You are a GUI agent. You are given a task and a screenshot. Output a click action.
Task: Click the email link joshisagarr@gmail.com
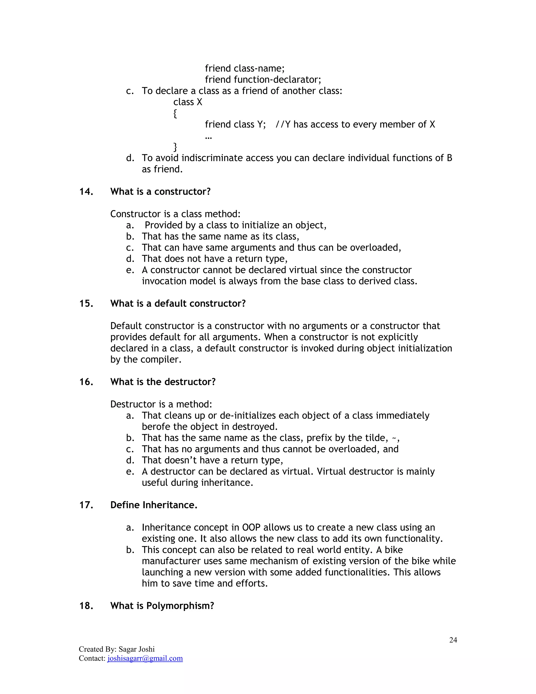pos(145,658)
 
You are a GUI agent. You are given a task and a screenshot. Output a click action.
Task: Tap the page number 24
pos(453,640)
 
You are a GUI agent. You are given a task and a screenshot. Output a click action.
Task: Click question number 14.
pos(86,192)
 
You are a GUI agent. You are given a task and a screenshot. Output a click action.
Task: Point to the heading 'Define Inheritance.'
pos(154,505)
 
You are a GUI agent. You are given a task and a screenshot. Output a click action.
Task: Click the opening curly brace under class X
pos(175,113)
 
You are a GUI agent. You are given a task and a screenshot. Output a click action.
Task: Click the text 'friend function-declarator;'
pos(263,79)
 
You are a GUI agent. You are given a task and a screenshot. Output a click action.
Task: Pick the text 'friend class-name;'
pos(244,68)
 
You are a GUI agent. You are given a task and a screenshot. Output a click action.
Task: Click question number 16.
pos(86,382)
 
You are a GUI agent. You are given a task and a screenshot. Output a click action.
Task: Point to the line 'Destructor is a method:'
pos(161,404)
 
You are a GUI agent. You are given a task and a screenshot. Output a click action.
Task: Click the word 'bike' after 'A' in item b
pos(394,550)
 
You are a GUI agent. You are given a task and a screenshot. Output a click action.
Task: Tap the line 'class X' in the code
pos(187,102)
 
